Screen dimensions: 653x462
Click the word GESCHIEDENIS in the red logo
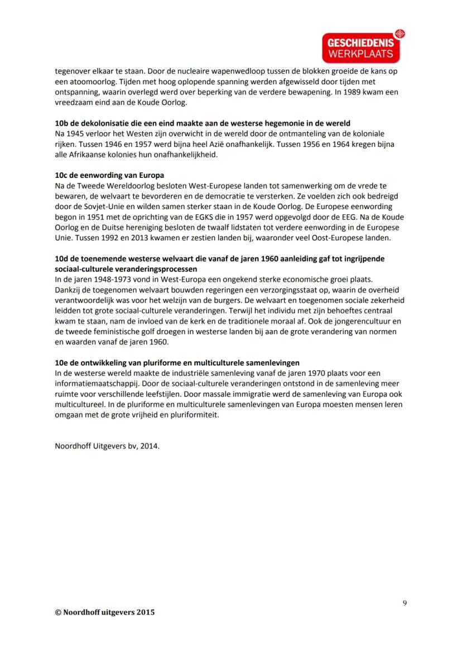(x=360, y=43)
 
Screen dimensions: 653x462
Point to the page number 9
(x=404, y=602)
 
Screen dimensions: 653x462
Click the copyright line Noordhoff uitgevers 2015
(x=105, y=612)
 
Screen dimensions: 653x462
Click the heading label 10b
(x=61, y=123)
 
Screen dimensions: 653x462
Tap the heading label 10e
(x=61, y=362)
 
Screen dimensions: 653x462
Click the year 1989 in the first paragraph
(x=344, y=92)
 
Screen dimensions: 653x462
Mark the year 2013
(x=136, y=238)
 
